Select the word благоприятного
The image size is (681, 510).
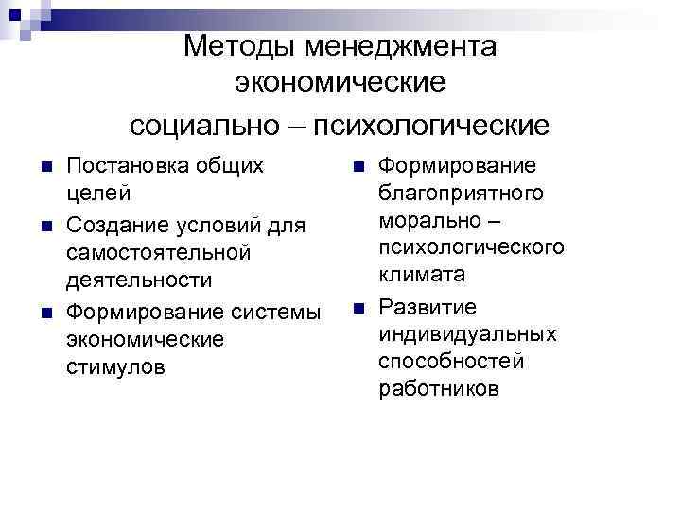click(x=462, y=194)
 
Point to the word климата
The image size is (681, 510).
click(x=422, y=275)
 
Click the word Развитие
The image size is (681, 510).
click(x=428, y=308)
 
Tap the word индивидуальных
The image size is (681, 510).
click(x=468, y=334)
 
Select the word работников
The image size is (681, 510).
click(x=438, y=388)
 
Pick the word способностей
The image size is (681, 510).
click(x=451, y=362)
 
